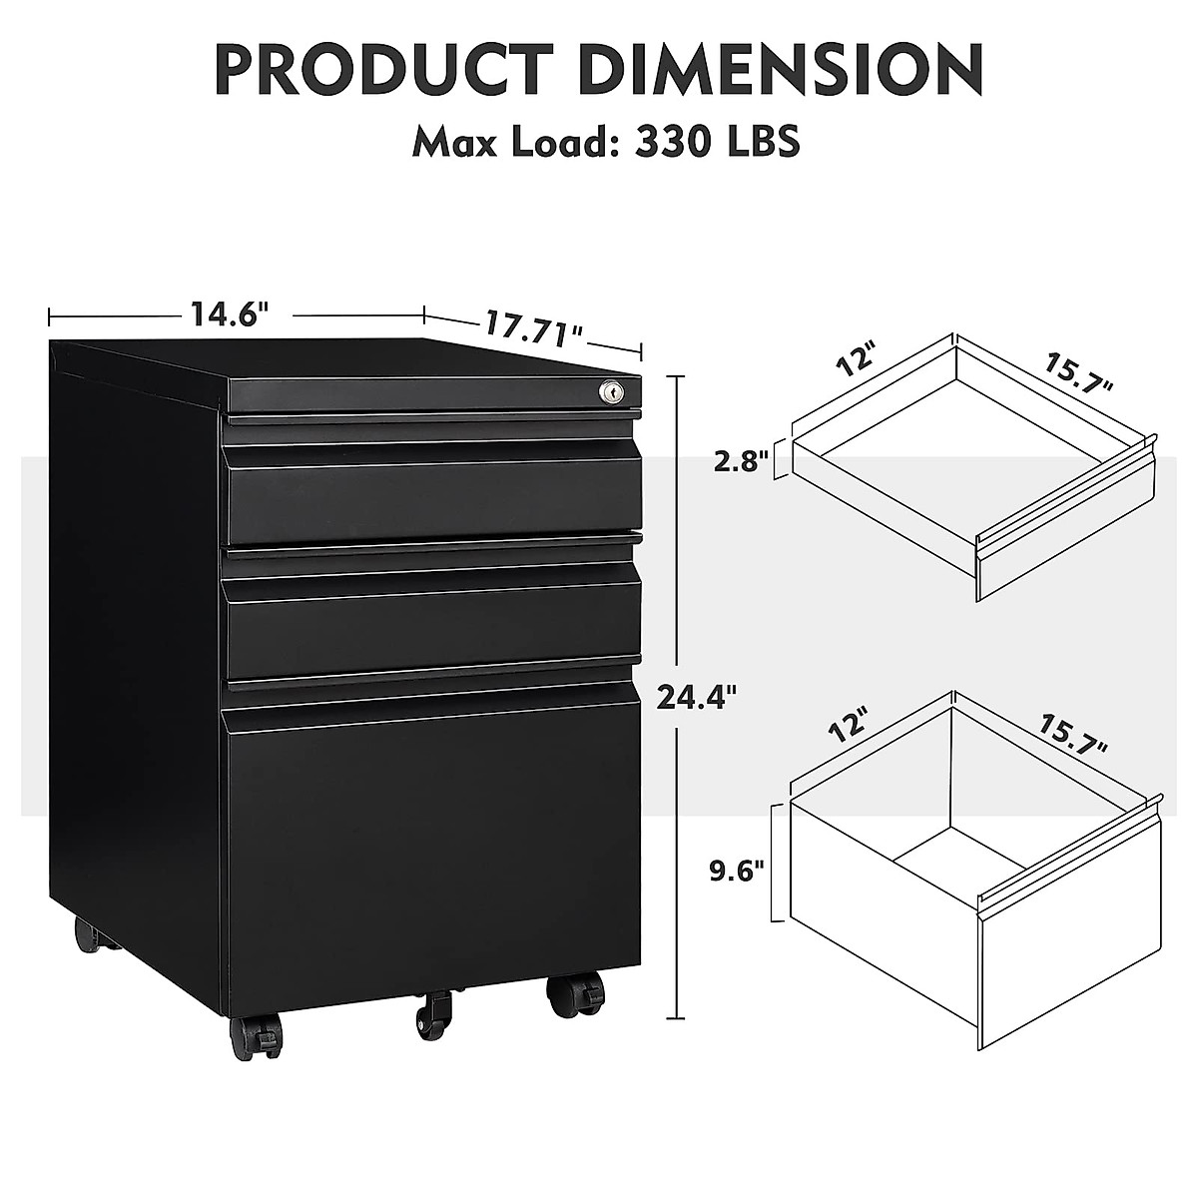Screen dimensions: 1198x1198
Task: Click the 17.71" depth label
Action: (534, 327)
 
